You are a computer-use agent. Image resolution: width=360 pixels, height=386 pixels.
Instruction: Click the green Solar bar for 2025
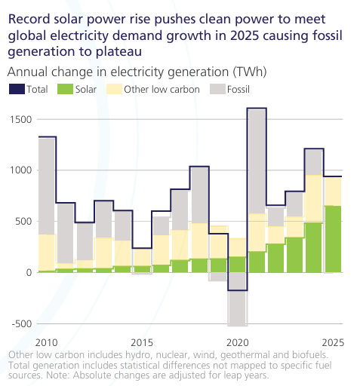point(334,239)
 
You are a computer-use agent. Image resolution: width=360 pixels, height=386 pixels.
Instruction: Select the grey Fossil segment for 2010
point(47,186)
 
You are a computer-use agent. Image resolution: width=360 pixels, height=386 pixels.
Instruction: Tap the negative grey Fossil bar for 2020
point(238,299)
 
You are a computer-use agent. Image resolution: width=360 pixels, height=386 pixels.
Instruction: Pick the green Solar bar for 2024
point(314,247)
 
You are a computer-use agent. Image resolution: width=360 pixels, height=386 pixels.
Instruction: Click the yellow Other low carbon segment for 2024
point(314,199)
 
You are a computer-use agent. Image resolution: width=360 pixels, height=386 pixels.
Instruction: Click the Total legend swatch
point(17,89)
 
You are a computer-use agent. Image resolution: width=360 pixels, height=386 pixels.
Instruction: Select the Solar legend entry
point(77,89)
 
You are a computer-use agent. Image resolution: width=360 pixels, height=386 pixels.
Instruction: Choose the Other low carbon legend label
point(162,90)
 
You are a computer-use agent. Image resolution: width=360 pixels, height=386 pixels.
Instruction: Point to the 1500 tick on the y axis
point(21,119)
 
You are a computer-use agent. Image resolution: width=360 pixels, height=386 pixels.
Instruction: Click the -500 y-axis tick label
point(22,323)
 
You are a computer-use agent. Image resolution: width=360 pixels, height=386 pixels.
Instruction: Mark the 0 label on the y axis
point(29,272)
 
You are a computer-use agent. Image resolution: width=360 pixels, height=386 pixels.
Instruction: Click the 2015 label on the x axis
point(142,342)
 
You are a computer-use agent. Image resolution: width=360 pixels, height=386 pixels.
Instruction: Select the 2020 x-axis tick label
point(238,342)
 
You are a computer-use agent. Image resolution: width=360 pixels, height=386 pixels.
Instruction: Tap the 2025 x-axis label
point(333,342)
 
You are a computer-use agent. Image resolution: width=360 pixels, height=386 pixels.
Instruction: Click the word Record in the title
point(29,20)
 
